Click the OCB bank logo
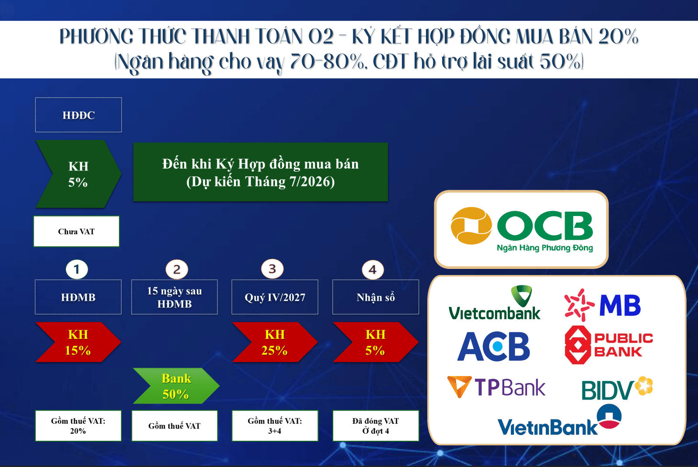(x=522, y=229)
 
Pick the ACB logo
(x=494, y=346)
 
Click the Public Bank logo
(x=609, y=345)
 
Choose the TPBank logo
(x=496, y=387)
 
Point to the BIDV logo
(x=617, y=388)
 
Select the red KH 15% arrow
(x=78, y=342)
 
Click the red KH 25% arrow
(x=275, y=342)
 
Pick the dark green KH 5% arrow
(x=78, y=174)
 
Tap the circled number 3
(x=272, y=268)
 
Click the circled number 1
(x=77, y=269)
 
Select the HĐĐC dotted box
(x=79, y=115)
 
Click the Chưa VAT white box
(x=77, y=231)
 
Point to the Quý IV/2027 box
(x=275, y=297)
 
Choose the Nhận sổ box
(x=376, y=297)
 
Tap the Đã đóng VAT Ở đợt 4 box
(x=376, y=425)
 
